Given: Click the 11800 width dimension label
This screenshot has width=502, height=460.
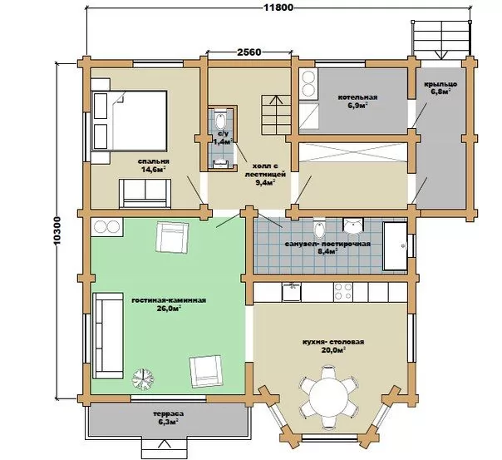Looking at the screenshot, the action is tap(278, 7).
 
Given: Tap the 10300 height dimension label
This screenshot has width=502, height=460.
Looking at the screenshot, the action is tap(57, 231).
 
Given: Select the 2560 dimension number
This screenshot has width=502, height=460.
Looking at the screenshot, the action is tap(249, 52).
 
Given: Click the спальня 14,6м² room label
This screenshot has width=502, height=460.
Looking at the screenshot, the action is tap(154, 166).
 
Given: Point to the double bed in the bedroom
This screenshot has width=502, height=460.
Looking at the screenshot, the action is tap(130, 121).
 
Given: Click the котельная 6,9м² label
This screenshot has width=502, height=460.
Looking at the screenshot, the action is tap(357, 101).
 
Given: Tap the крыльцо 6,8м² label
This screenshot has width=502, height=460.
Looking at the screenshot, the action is tap(440, 88).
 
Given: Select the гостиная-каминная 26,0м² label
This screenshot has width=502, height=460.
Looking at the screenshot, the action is tap(169, 304).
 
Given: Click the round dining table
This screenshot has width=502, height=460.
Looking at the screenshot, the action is tap(328, 398).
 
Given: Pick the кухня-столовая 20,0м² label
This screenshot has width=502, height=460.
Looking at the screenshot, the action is tap(333, 346).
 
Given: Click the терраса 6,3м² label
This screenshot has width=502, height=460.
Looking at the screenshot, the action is tap(169, 418).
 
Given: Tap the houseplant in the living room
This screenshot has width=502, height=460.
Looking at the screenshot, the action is tap(143, 378).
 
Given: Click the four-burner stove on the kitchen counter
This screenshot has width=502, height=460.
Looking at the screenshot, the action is tap(343, 292).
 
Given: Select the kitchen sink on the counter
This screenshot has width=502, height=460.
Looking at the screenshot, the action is tap(292, 292).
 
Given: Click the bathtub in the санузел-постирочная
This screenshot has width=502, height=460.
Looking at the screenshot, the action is tap(396, 245).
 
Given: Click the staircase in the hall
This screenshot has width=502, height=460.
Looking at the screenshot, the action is tap(276, 115).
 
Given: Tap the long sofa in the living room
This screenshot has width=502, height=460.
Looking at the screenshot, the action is tap(108, 336).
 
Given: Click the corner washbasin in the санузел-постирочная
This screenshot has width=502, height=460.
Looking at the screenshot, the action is tap(353, 225).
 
